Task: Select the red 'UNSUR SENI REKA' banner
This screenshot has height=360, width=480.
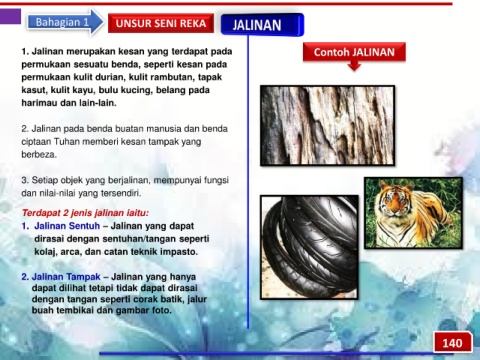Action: [161, 23]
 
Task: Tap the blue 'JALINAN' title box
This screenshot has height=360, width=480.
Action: [262, 25]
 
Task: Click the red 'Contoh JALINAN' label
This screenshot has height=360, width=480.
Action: [354, 52]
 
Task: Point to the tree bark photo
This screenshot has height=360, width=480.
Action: [327, 125]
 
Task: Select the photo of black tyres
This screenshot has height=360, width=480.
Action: [309, 247]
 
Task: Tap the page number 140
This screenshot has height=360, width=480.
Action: [452, 343]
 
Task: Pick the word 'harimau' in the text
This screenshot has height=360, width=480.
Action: [39, 103]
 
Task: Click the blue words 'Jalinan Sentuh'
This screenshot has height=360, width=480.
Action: [67, 226]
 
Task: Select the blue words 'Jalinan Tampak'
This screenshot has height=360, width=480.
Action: [66, 277]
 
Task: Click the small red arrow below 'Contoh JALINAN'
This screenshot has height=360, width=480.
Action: [354, 66]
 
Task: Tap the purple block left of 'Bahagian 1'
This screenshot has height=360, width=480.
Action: [10, 16]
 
